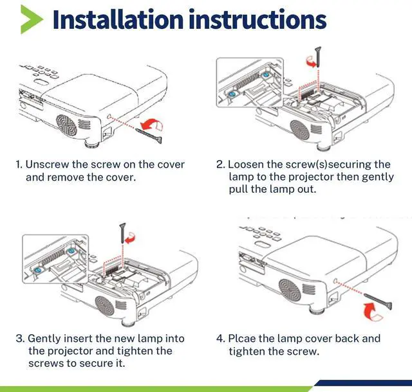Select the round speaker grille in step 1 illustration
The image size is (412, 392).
(x=66, y=125)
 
